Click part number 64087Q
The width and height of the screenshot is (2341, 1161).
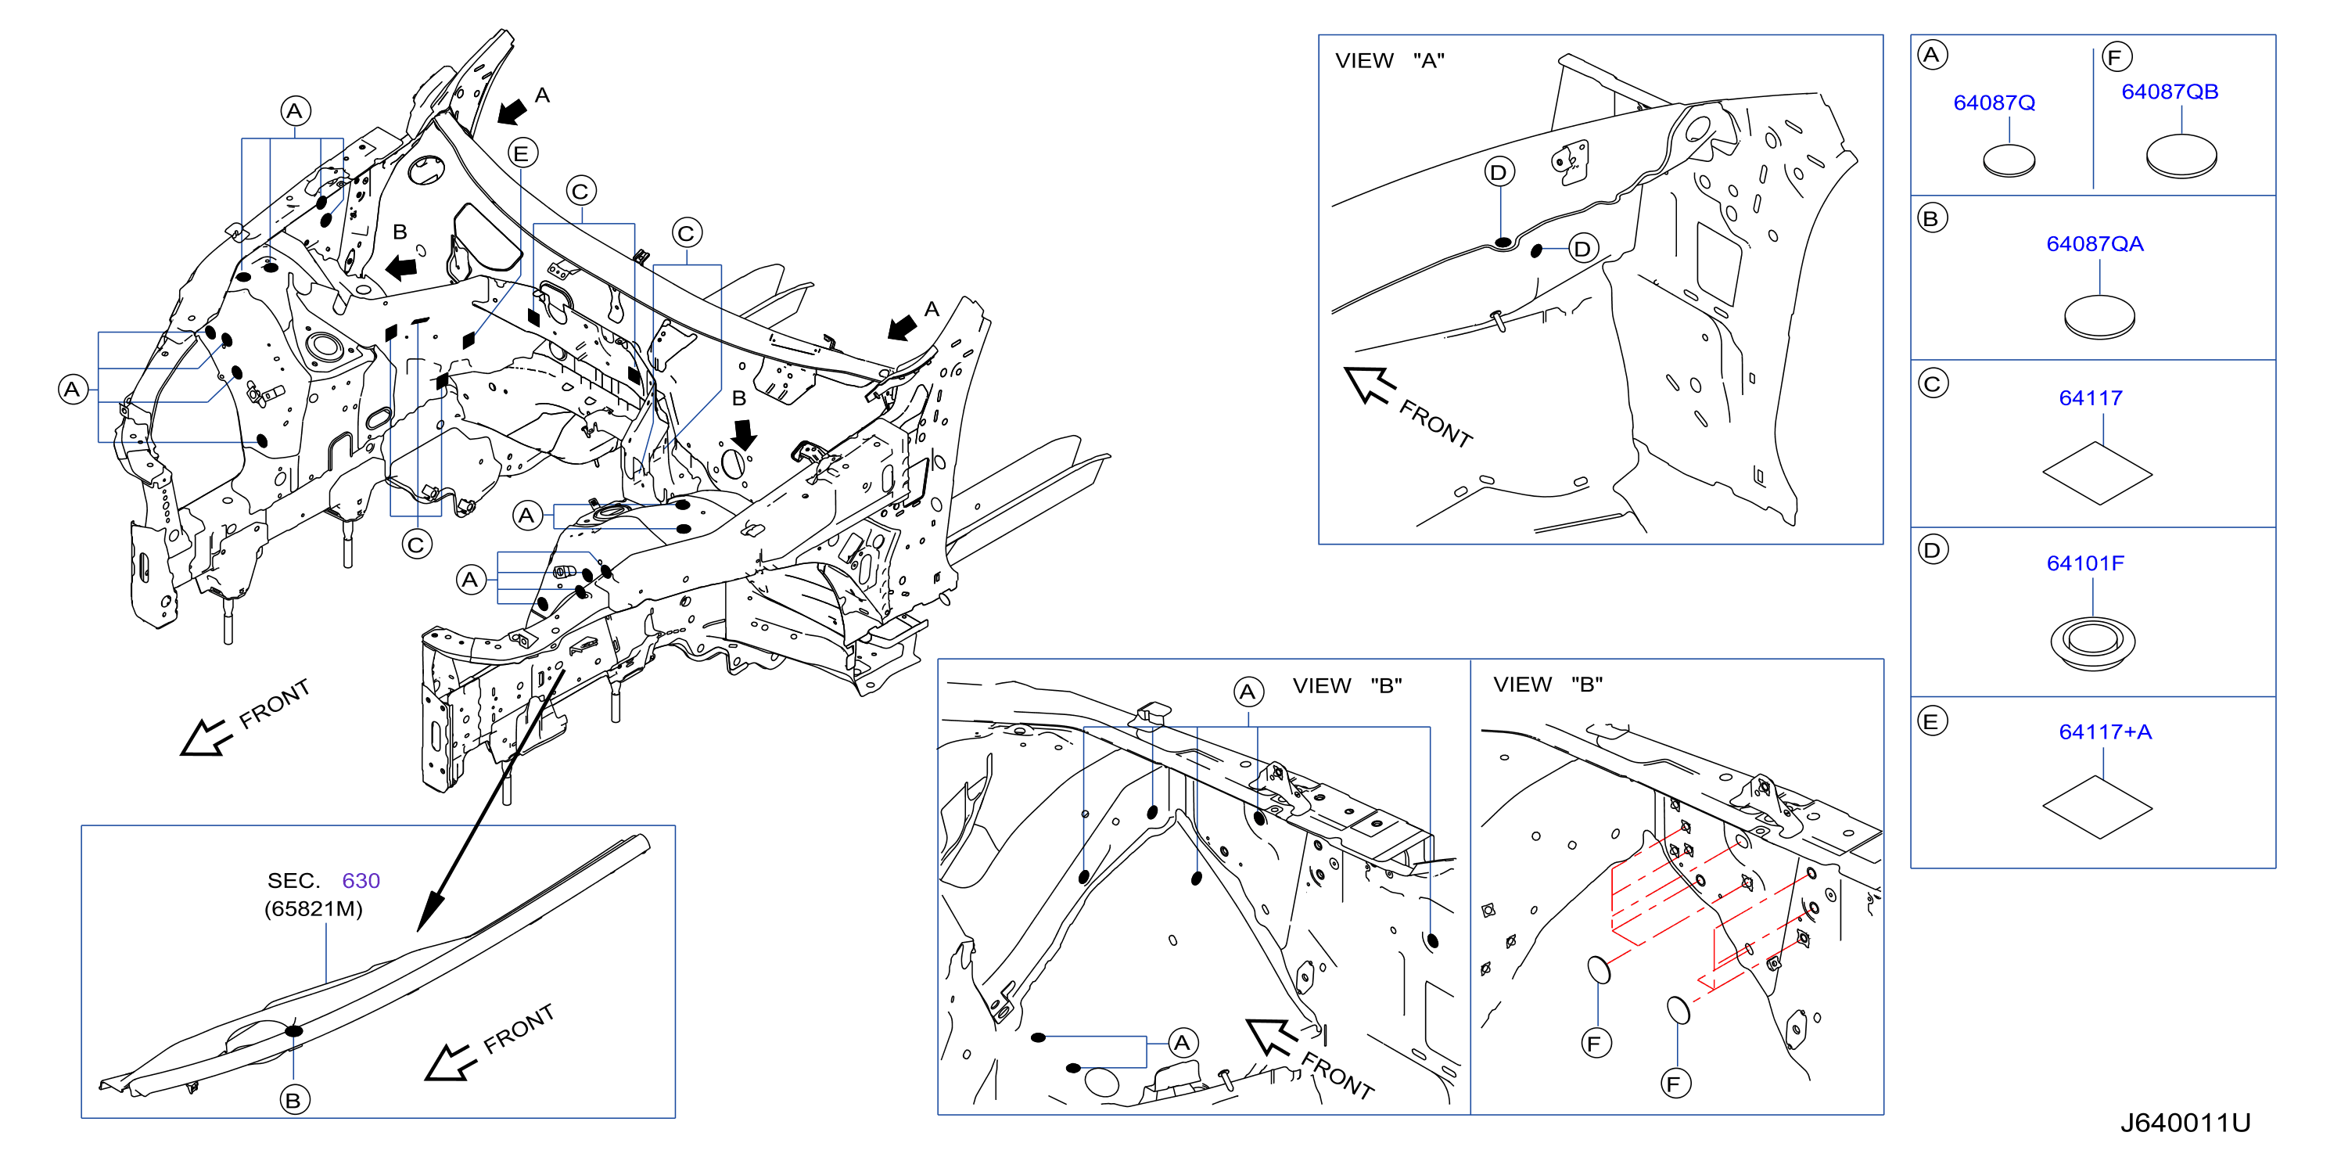coord(1994,102)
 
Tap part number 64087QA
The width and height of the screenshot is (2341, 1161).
coord(2095,243)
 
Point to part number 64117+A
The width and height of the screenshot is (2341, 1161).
coord(2105,731)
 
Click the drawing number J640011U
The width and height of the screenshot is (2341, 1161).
coord(2185,1123)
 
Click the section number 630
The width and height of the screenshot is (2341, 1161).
coord(361,881)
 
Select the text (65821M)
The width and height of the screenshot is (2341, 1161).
coord(314,909)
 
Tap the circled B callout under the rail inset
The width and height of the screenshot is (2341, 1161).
coord(293,1100)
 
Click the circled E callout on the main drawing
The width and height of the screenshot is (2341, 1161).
coord(522,153)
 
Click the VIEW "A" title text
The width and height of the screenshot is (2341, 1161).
coord(1390,61)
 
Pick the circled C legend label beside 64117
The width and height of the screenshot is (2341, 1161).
coord(1932,383)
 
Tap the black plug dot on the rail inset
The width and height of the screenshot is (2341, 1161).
coord(293,1031)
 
